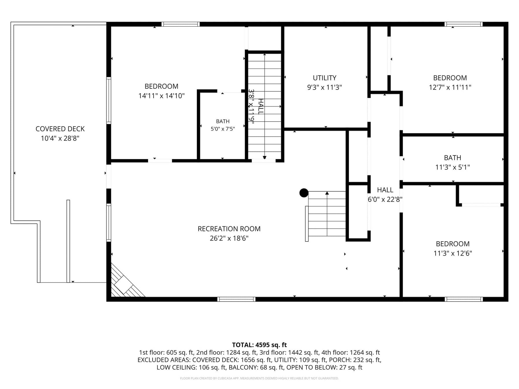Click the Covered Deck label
click(60, 129)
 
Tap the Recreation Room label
click(229, 229)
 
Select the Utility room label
click(325, 78)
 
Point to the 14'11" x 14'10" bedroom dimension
click(161, 96)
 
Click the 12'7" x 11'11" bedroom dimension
click(450, 87)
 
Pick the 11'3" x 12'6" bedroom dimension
click(453, 253)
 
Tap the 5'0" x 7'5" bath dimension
click(223, 129)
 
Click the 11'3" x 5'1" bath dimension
click(453, 167)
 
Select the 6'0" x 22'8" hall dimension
click(385, 199)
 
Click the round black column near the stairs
click(304, 193)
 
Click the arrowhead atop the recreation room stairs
click(327, 193)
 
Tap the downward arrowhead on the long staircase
click(264, 157)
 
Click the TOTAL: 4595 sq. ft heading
click(259, 345)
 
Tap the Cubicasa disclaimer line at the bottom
click(259, 378)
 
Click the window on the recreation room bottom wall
click(236, 299)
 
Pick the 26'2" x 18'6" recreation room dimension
click(229, 238)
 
